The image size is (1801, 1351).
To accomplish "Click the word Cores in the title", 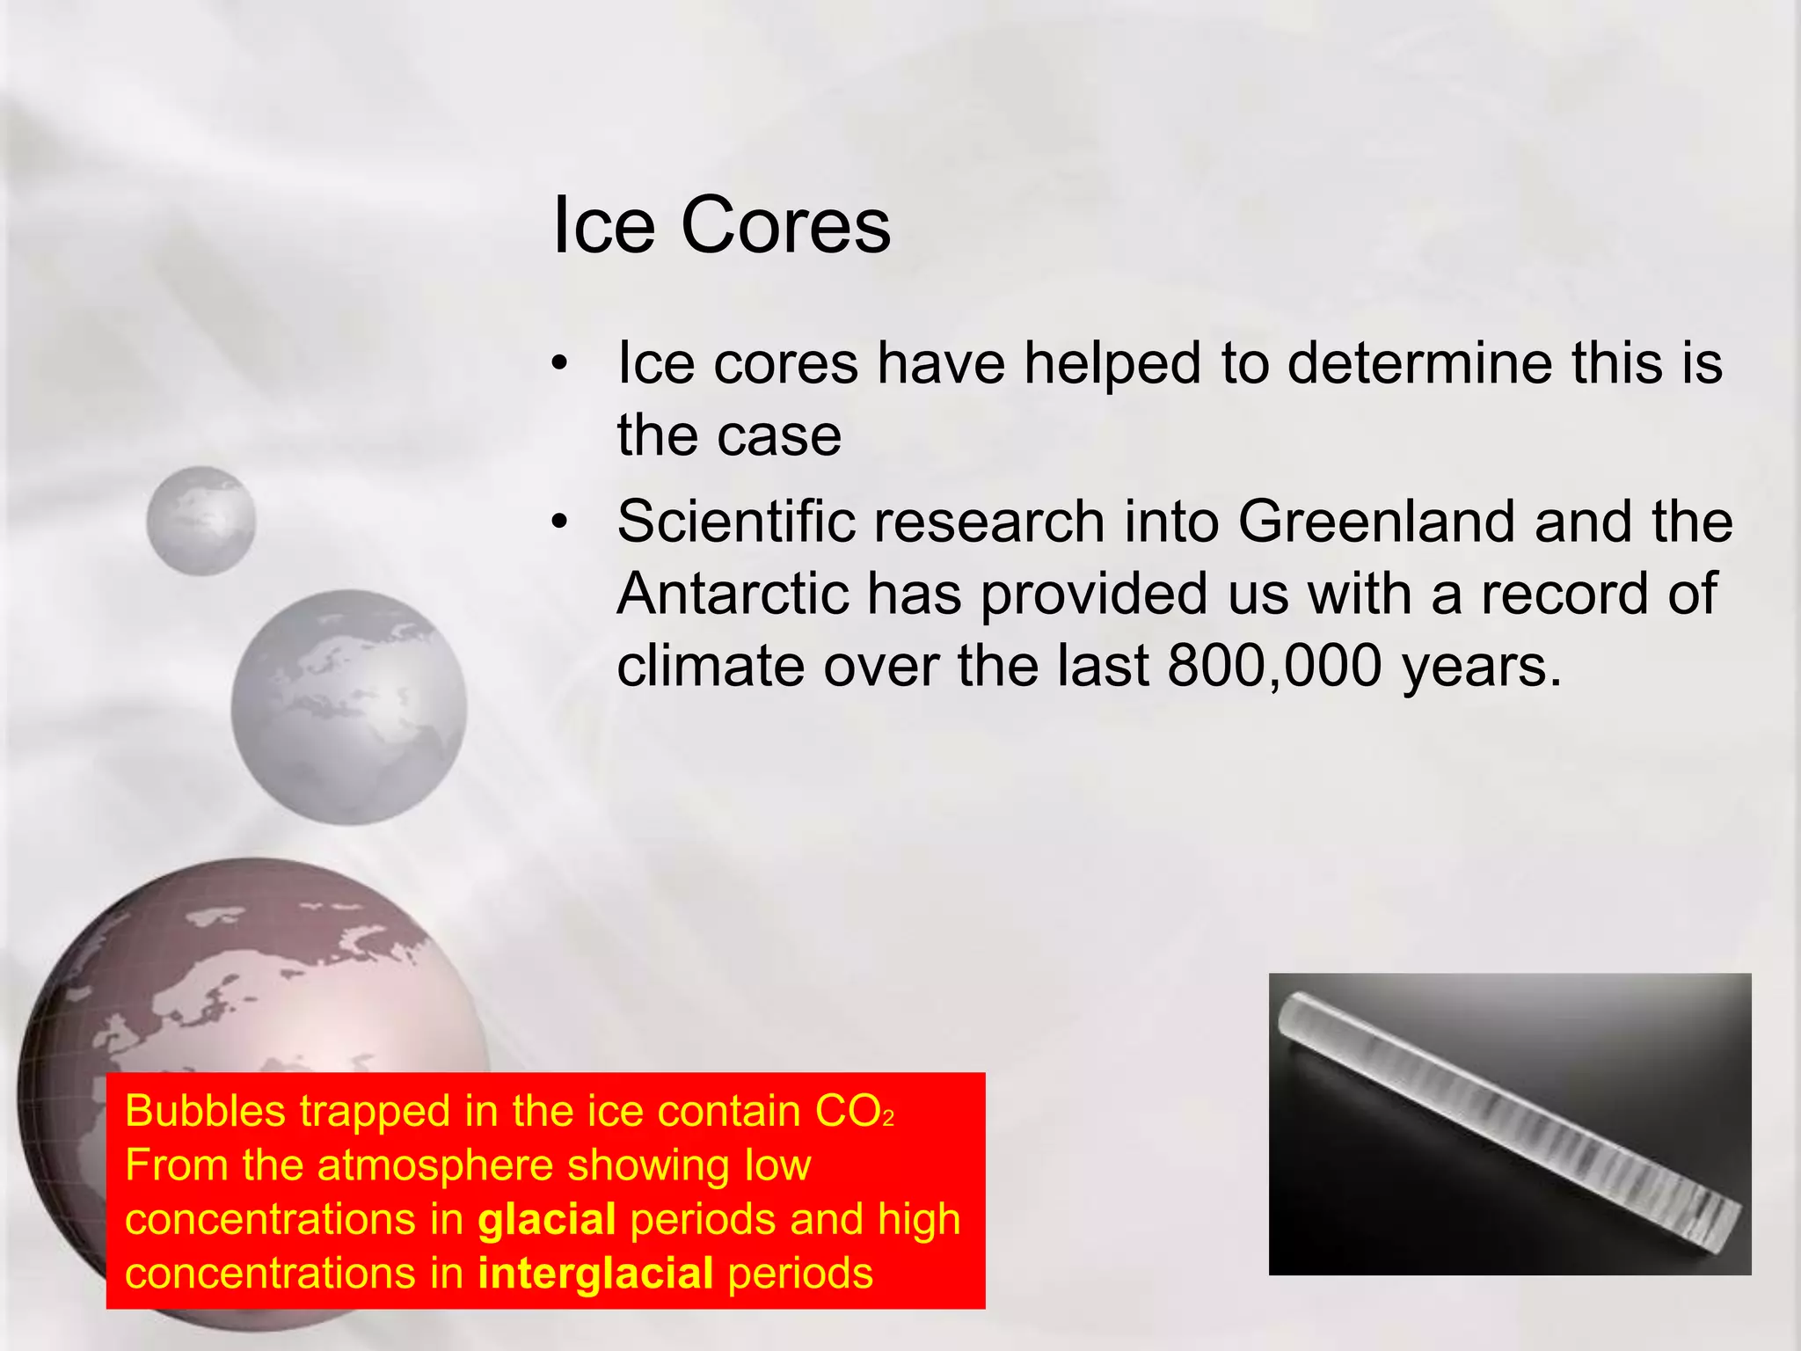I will point(785,226).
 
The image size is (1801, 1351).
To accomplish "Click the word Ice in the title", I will point(603,226).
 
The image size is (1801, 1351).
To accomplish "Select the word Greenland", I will point(1376,522).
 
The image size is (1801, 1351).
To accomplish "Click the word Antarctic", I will point(733,594).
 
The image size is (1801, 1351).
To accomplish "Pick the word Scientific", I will point(735,522).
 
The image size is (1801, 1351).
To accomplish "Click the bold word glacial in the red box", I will point(547,1220).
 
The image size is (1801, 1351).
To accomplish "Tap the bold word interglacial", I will point(595,1274).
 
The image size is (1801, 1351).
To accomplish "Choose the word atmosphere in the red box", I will point(434,1165).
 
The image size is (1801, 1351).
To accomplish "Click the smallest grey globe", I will point(201,521).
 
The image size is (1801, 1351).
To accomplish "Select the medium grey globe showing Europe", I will point(348,707).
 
